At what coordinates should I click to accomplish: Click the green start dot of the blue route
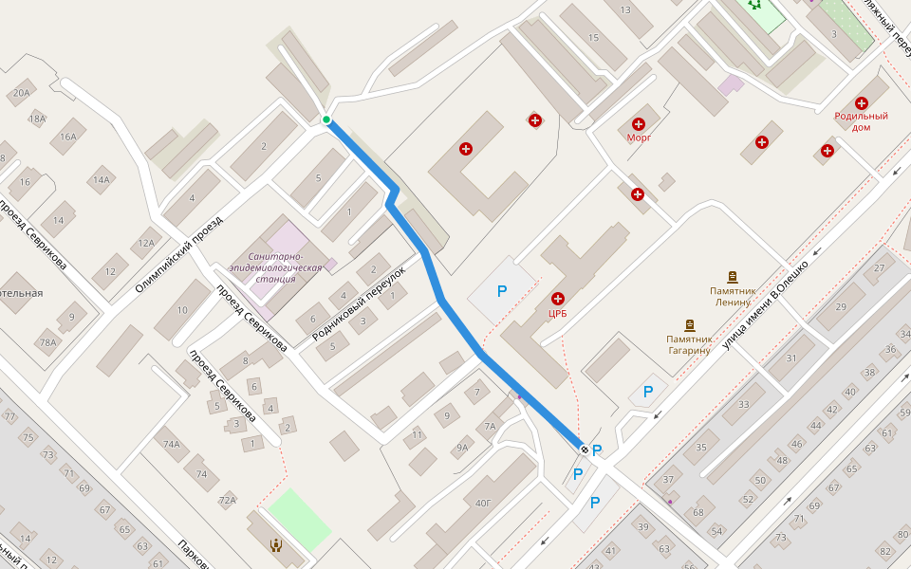coord(326,119)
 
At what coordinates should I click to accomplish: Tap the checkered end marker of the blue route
coord(585,449)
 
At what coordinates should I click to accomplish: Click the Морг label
coord(639,138)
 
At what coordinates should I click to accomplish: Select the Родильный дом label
coord(861,121)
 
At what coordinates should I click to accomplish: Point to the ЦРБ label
coord(557,313)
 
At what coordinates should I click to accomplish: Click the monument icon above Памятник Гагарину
coord(689,324)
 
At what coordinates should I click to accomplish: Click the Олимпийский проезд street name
coord(178,251)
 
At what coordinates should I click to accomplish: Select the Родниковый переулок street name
coord(359,303)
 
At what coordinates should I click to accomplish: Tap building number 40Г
coord(483,504)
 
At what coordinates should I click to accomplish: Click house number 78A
coord(48,343)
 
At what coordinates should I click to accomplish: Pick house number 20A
coord(21,93)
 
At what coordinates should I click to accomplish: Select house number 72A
coord(227,500)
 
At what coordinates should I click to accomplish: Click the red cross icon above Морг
coord(639,123)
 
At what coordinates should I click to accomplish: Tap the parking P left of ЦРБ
coord(502,292)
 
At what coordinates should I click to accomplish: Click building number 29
coord(841,306)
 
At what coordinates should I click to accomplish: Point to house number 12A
coord(145,243)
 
